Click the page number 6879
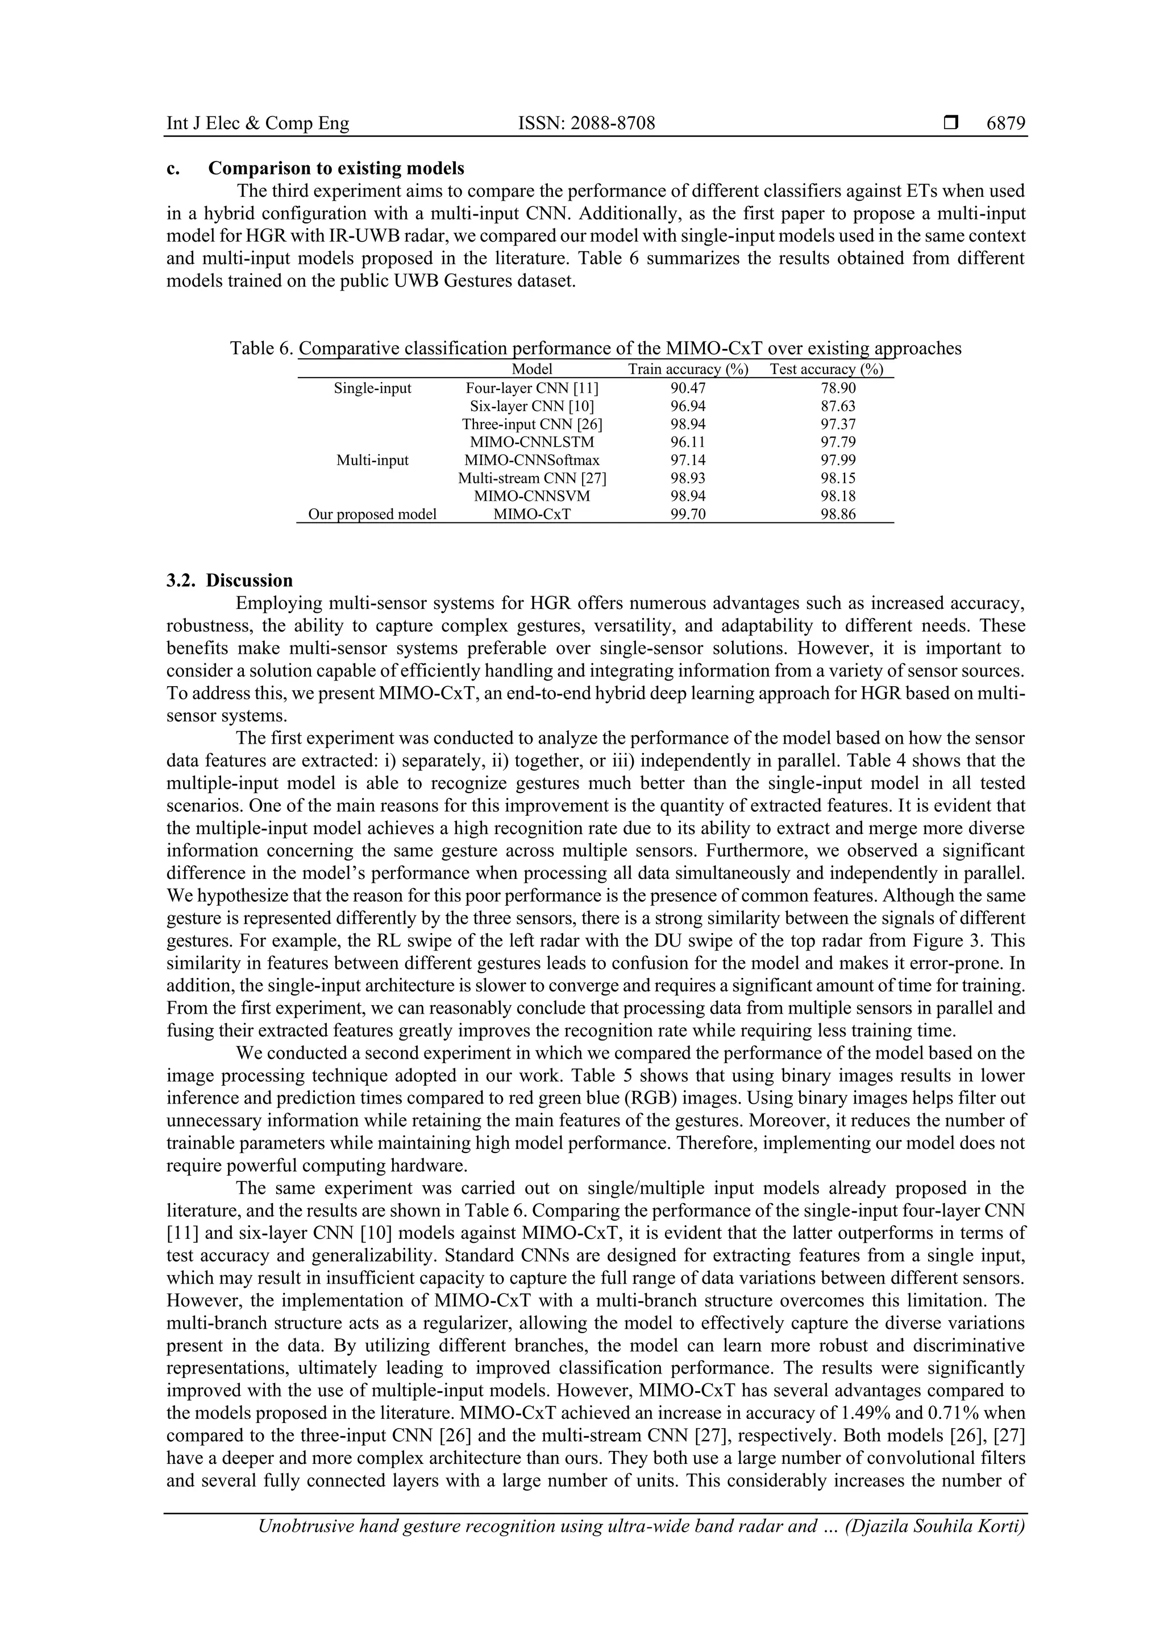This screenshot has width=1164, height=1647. pyautogui.click(x=1005, y=123)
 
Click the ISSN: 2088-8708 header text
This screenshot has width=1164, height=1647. pyautogui.click(x=586, y=123)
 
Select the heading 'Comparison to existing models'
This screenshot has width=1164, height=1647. pyautogui.click(x=336, y=169)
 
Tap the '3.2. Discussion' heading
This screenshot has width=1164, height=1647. pyautogui.click(x=230, y=580)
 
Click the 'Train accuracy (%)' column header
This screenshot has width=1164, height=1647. pyautogui.click(x=688, y=370)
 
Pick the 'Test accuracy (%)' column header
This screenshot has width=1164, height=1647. pyautogui.click(x=826, y=370)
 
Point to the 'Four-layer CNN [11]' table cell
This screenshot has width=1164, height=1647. pyautogui.click(x=531, y=388)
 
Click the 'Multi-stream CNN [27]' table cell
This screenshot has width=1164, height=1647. pyautogui.click(x=531, y=478)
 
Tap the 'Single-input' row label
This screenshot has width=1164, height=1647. pyautogui.click(x=372, y=388)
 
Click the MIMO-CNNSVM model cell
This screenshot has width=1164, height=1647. pyautogui.click(x=531, y=496)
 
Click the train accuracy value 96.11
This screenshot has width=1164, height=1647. pyautogui.click(x=688, y=442)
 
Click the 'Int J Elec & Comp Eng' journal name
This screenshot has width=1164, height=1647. pyautogui.click(x=257, y=123)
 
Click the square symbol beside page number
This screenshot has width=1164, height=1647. pyautogui.click(x=951, y=123)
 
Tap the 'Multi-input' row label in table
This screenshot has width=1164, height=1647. pyautogui.click(x=372, y=460)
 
